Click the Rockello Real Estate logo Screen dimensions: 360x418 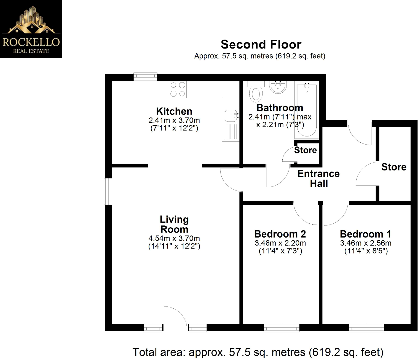(x=31, y=29)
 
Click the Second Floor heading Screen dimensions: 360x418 (x=261, y=44)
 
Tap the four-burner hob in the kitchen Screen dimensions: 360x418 (x=178, y=89)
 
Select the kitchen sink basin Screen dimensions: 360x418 (x=231, y=116)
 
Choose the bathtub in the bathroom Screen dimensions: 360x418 (x=307, y=110)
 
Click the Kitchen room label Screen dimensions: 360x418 (x=174, y=111)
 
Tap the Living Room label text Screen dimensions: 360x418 (x=174, y=224)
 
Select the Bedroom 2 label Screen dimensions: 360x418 (x=280, y=234)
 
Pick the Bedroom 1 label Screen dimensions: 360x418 (x=366, y=234)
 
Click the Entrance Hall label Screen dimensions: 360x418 (x=318, y=178)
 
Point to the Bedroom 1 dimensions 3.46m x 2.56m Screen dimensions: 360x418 (x=366, y=243)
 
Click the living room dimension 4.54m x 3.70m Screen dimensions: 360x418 (x=174, y=238)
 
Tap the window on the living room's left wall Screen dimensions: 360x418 (x=108, y=191)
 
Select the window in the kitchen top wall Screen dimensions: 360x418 (x=145, y=77)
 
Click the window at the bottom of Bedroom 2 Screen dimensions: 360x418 (x=281, y=328)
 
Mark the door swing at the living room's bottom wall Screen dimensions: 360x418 (x=176, y=317)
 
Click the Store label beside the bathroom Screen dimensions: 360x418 (x=305, y=150)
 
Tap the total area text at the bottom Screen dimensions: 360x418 (x=258, y=352)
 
